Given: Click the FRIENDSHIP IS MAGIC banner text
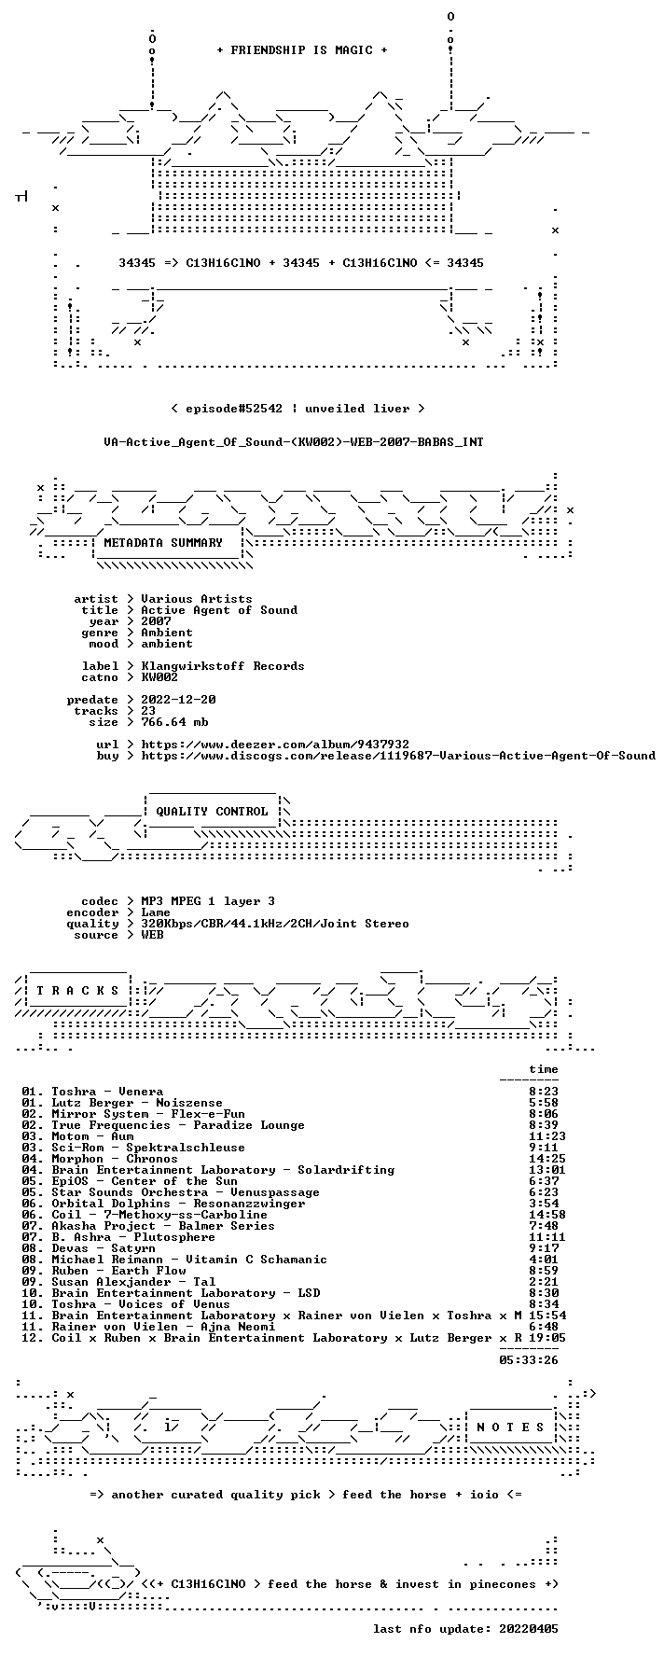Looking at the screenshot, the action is point(301,50).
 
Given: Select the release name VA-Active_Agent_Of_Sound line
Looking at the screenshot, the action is point(294,442).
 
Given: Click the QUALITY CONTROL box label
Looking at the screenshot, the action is point(212,812).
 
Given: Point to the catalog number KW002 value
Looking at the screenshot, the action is point(159,677).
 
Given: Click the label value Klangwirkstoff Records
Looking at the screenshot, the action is point(223,666).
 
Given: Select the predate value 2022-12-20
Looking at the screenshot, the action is point(178,700).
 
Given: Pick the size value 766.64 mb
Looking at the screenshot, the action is point(174,722).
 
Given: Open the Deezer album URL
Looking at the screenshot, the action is point(275,745).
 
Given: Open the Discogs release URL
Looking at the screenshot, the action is point(398,756).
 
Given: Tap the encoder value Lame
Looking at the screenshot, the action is point(156,912).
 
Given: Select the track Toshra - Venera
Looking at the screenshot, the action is point(107,1092).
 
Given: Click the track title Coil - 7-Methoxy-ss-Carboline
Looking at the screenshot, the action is point(159,1215).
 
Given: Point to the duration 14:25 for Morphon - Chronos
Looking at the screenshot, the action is point(547,1159).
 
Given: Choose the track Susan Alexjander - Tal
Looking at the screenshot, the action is point(133,1282).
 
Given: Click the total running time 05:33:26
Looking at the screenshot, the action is point(529,1360).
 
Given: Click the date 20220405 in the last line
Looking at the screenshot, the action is point(529,1629).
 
